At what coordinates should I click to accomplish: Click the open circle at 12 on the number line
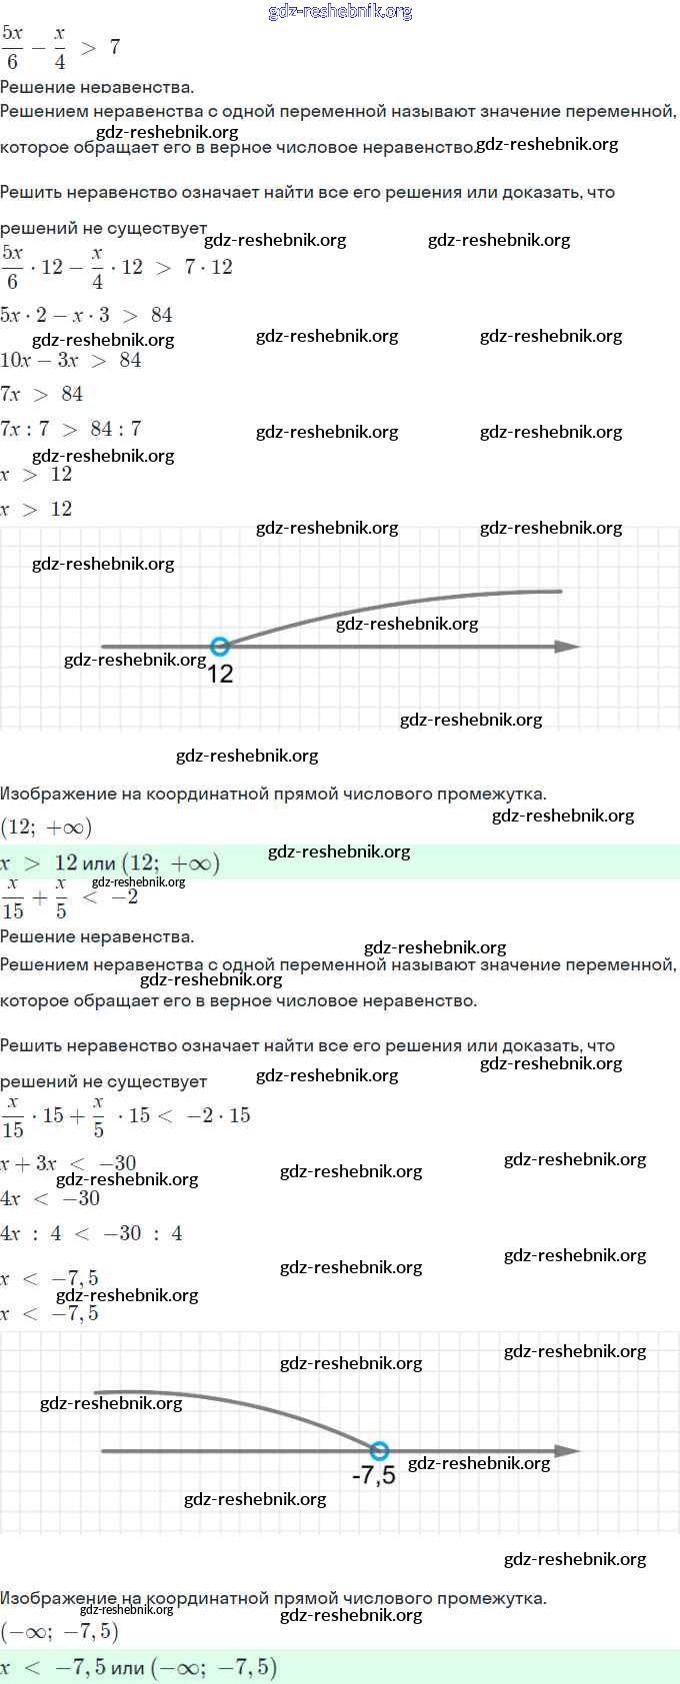pyautogui.click(x=220, y=647)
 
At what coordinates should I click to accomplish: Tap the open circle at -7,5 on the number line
pyautogui.click(x=379, y=1450)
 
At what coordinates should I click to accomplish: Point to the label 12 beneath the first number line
pyautogui.click(x=220, y=675)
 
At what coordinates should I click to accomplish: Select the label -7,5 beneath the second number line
pyautogui.click(x=374, y=1475)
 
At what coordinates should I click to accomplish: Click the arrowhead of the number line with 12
pyautogui.click(x=568, y=647)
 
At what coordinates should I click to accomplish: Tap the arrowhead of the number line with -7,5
pyautogui.click(x=568, y=1450)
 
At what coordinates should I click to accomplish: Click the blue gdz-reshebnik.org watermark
pyautogui.click(x=340, y=12)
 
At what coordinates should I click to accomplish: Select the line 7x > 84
pyautogui.click(x=42, y=394)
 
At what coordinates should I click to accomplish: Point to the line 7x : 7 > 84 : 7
pyautogui.click(x=71, y=429)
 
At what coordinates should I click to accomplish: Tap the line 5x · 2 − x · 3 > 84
pyautogui.click(x=86, y=315)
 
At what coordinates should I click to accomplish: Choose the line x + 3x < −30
pyautogui.click(x=68, y=1162)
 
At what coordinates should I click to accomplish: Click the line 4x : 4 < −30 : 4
pyautogui.click(x=91, y=1233)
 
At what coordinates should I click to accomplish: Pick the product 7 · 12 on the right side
pyautogui.click(x=208, y=267)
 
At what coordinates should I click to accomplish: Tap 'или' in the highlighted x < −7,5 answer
pyautogui.click(x=127, y=1667)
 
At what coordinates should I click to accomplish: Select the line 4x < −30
pyautogui.click(x=50, y=1198)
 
